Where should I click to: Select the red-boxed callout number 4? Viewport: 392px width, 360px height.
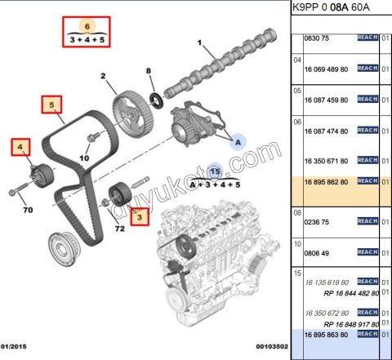20,148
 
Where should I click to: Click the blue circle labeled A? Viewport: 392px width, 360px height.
237,141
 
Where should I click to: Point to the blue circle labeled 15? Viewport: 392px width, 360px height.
215,172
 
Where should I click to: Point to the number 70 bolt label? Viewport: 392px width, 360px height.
28,211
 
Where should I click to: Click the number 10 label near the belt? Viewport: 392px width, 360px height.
83,157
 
